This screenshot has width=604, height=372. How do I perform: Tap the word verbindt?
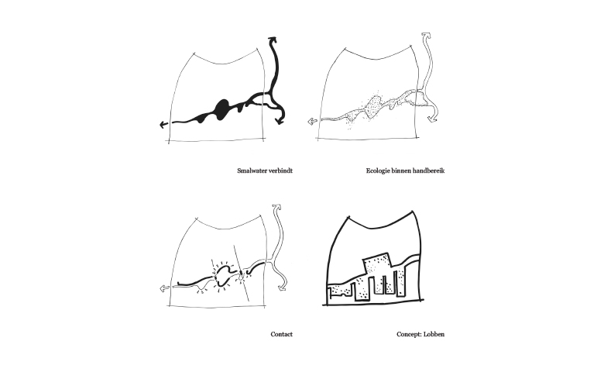(x=282, y=170)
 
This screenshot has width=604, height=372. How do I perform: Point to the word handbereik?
(x=429, y=170)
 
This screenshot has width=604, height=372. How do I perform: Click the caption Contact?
(x=282, y=334)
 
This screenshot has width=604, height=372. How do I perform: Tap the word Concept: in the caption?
(x=409, y=334)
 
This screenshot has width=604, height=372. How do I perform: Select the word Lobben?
(x=434, y=334)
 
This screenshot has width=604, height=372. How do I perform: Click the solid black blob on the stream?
(x=222, y=108)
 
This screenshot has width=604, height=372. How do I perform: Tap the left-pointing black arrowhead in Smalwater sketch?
(x=163, y=124)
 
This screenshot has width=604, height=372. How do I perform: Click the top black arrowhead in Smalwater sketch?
(x=273, y=39)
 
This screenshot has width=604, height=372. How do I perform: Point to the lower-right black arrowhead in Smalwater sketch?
(x=280, y=121)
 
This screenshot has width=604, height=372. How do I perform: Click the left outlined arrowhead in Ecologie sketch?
(x=312, y=122)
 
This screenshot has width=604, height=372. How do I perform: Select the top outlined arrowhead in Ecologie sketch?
(x=426, y=36)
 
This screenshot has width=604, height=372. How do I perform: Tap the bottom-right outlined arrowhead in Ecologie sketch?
(x=433, y=118)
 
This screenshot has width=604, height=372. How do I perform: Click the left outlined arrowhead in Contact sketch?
(x=164, y=288)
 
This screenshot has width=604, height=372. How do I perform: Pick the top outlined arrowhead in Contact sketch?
(x=276, y=208)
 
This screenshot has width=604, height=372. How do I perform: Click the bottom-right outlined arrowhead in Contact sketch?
(x=283, y=288)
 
